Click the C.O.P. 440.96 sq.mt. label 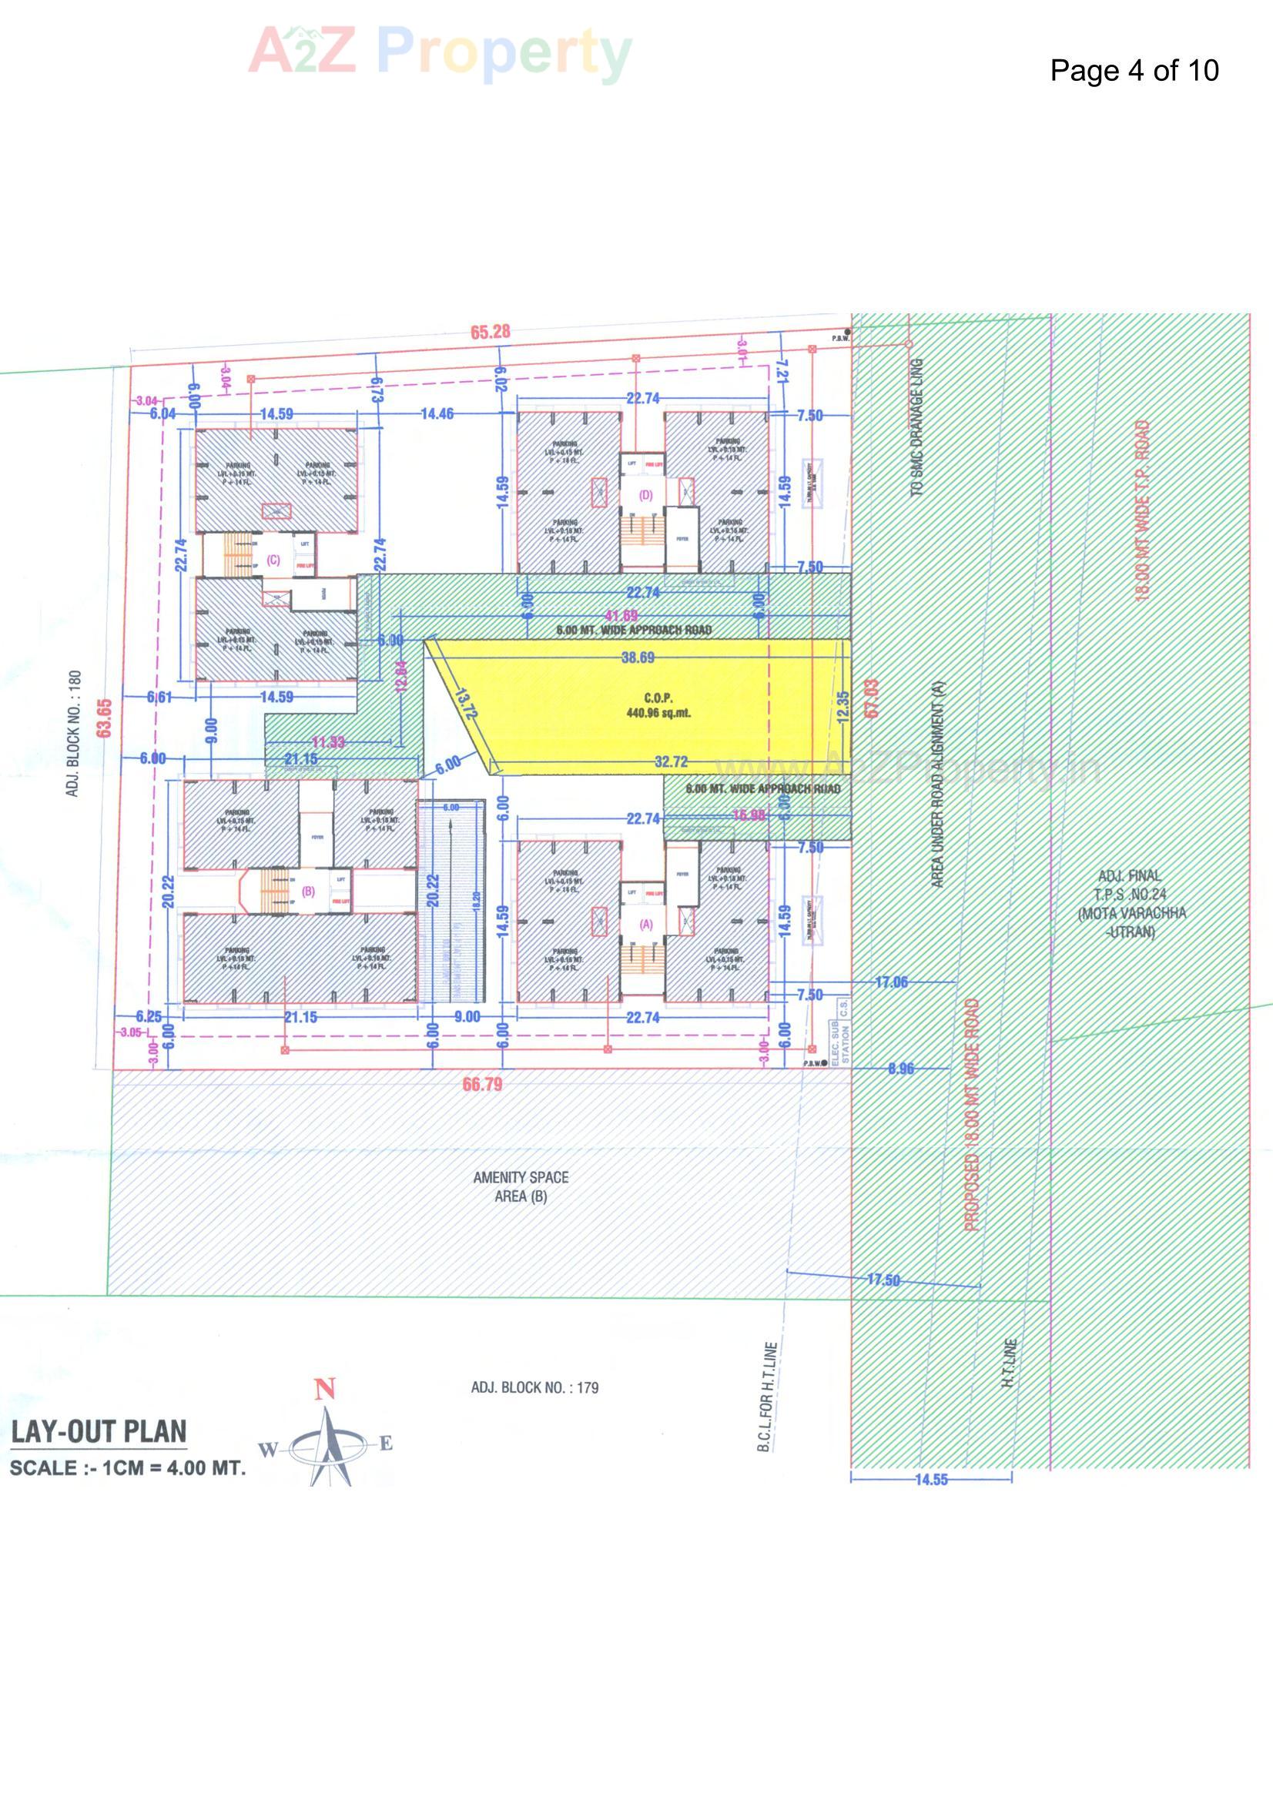[658, 705]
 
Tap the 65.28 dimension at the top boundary [491, 333]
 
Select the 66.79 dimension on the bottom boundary [482, 1085]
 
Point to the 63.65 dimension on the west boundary [104, 718]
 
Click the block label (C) [273, 560]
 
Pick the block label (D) [645, 495]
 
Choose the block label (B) [308, 891]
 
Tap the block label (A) [646, 925]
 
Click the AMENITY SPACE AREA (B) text [521, 1186]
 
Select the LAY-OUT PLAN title [99, 1432]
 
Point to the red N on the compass [325, 1390]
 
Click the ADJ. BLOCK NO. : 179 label [534, 1387]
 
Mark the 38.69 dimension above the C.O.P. [638, 657]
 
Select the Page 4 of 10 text [1134, 71]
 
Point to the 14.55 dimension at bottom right [931, 1480]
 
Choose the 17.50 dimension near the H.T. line [883, 1280]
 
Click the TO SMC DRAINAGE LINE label [917, 427]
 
